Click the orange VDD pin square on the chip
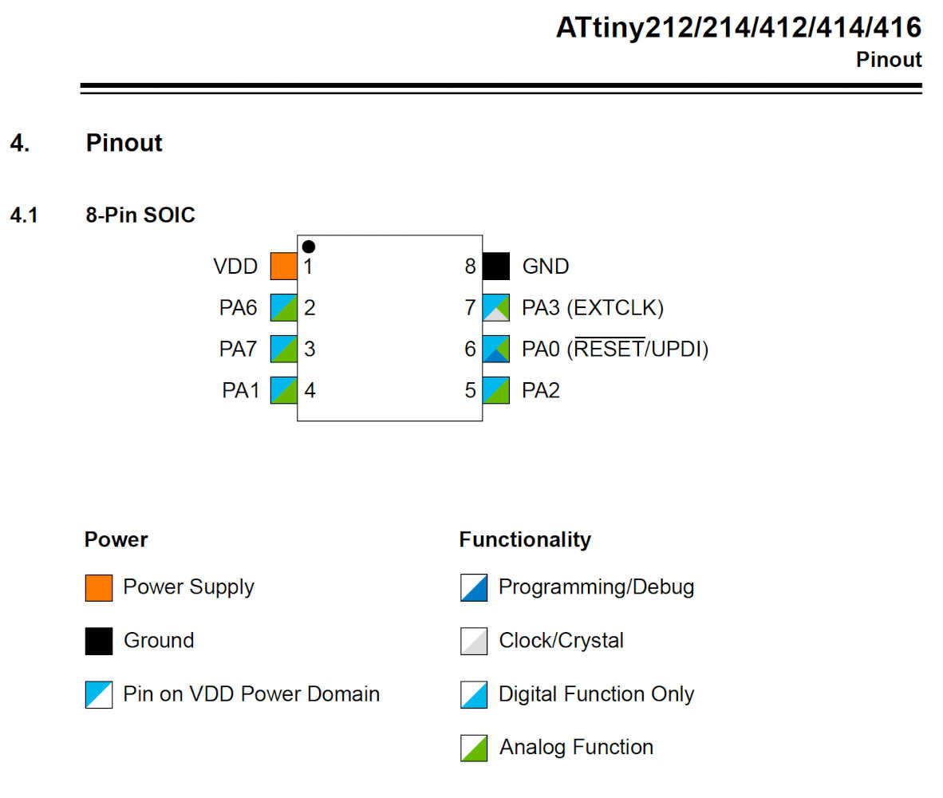[283, 266]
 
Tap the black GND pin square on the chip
[496, 266]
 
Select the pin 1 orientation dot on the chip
[309, 247]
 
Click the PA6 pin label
[239, 308]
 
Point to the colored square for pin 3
[283, 349]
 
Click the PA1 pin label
[240, 391]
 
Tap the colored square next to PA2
[496, 390]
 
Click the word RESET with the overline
[610, 350]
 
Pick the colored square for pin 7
[496, 307]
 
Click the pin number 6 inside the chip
[470, 349]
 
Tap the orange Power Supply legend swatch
[99, 588]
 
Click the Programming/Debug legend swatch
[474, 588]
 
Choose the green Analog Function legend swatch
[474, 748]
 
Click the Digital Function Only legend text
[596, 694]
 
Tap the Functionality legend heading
[525, 540]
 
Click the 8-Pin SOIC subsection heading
[140, 215]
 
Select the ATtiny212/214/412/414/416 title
[739, 28]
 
